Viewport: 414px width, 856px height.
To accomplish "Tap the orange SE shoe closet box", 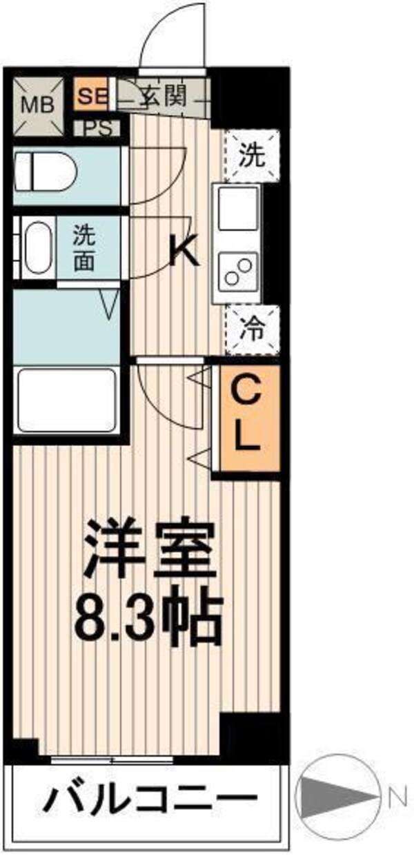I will [90, 96].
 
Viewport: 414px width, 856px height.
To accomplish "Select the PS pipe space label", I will [97, 128].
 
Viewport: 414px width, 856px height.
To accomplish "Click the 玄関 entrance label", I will [163, 96].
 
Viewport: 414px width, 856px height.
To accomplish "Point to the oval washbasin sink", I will [35, 248].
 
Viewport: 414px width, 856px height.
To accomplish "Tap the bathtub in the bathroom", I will [66, 400].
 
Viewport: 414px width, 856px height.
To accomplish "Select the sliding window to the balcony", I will [112, 761].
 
